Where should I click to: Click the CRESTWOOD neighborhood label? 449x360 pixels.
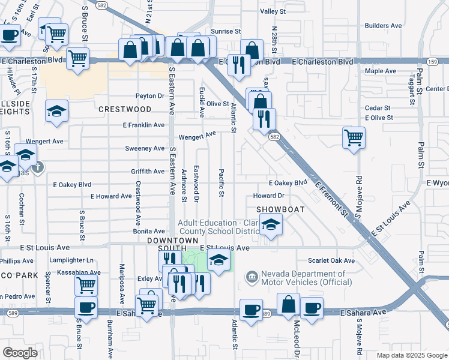click(x=125, y=109)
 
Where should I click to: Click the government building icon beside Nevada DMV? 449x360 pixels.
click(x=252, y=277)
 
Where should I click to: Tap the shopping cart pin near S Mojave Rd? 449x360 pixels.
click(x=354, y=137)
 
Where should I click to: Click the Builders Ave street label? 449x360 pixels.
click(x=384, y=26)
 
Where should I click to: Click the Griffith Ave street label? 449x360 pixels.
click(x=148, y=172)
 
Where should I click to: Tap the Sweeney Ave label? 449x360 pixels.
click(x=145, y=148)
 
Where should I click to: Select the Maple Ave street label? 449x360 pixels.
click(x=381, y=71)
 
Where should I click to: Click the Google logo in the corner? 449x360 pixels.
click(x=20, y=352)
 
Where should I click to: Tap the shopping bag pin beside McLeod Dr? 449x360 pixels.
click(x=289, y=305)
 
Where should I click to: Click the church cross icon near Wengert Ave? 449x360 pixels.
click(x=38, y=166)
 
